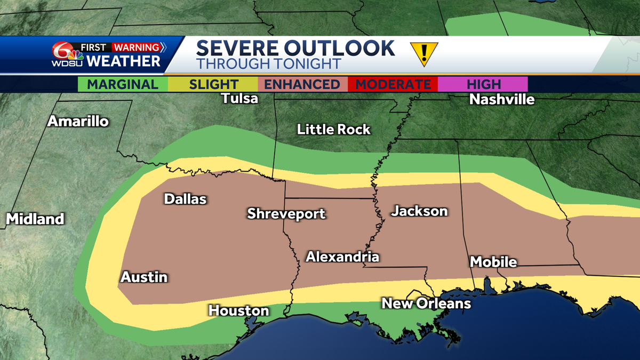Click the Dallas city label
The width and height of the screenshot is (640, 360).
coord(185,199)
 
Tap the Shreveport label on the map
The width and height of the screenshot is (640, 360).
coord(286,214)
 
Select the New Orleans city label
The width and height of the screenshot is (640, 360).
coord(426,303)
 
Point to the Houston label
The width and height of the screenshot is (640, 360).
coord(238,310)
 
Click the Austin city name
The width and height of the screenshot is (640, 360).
coord(144,277)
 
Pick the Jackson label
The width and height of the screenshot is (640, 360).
coord(419,211)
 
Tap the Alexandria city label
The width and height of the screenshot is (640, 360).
coord(342,257)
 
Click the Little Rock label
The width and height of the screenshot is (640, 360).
coord(334,129)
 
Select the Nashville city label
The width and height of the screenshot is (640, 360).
coord(502,99)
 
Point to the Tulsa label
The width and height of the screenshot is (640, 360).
coord(240,98)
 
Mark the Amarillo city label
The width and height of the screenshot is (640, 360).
coord(78,121)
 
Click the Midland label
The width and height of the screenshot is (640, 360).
coord(35,219)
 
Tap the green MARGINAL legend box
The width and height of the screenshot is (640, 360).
coord(123,84)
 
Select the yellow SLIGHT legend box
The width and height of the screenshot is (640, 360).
coord(213,84)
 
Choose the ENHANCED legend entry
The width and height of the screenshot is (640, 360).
coord(302,84)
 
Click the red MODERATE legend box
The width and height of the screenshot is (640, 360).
coord(393,84)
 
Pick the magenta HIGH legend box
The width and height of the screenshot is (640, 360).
coord(483,84)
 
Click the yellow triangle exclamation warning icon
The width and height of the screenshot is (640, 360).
coord(424,53)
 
